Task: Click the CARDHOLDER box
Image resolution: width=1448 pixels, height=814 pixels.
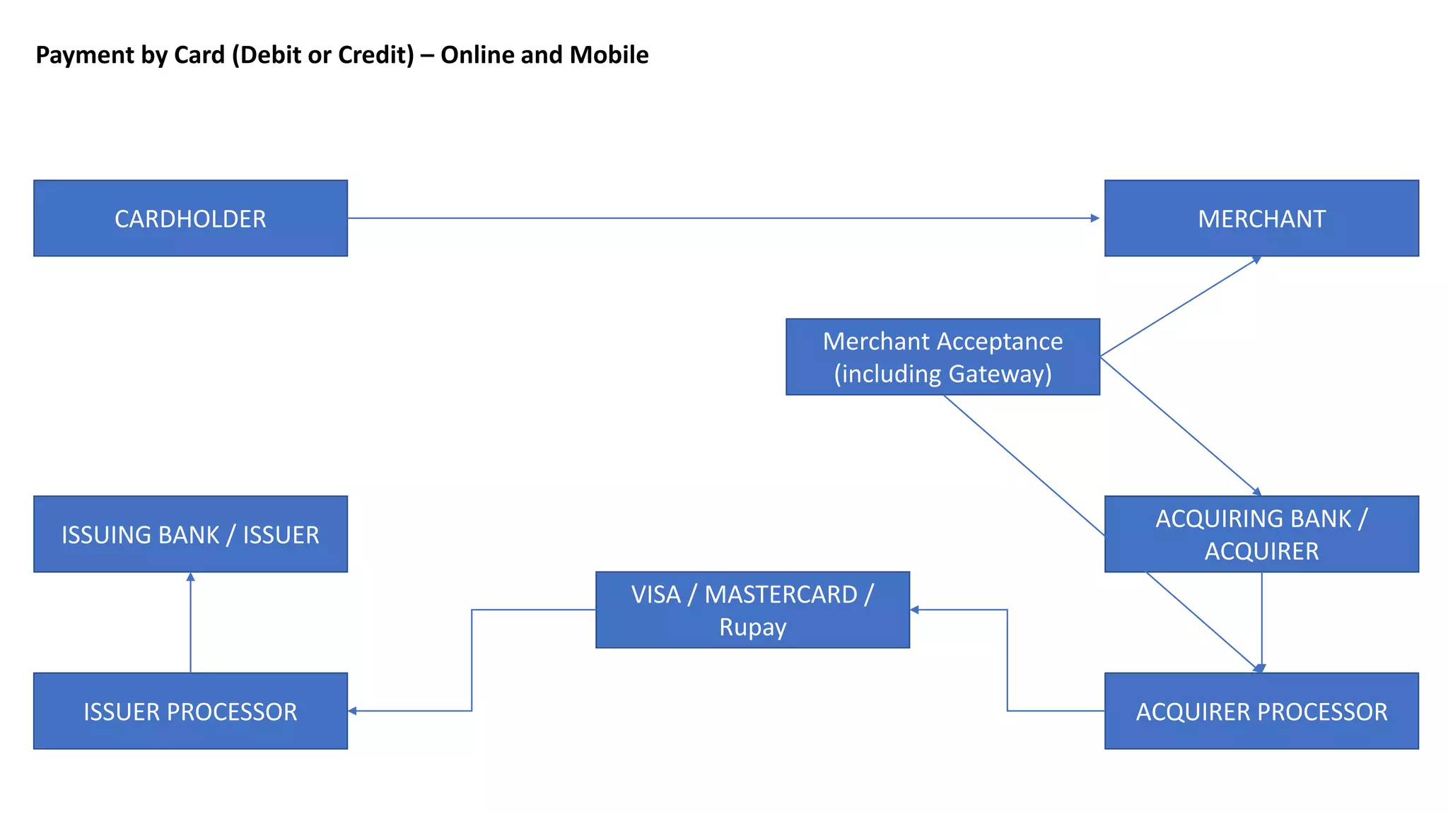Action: coord(190,218)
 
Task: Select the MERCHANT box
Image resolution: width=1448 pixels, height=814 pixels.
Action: coord(1261,218)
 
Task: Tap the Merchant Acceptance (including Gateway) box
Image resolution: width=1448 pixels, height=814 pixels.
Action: coord(942,357)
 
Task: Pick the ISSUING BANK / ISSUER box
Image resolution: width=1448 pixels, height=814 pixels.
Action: coord(190,534)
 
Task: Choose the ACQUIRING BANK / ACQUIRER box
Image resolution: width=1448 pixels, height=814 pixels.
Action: coord(1261,534)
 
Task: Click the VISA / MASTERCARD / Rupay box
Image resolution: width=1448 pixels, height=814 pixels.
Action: coord(752,610)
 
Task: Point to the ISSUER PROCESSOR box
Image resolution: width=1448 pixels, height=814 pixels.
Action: coord(190,711)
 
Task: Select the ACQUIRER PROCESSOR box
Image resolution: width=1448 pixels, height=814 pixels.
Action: coord(1261,711)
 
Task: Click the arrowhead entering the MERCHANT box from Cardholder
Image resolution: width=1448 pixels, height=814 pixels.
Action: coord(1095,218)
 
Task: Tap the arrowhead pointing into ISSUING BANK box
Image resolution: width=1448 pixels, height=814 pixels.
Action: coord(190,577)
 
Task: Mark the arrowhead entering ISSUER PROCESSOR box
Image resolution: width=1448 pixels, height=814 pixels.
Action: coord(352,711)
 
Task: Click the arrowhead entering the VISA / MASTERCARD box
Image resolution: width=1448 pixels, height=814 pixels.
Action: coord(914,610)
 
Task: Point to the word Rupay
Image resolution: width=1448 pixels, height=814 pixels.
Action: coord(752,627)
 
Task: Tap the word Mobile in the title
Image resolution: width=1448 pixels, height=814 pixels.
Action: coord(609,55)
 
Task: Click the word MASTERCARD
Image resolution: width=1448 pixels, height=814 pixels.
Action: coord(781,594)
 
